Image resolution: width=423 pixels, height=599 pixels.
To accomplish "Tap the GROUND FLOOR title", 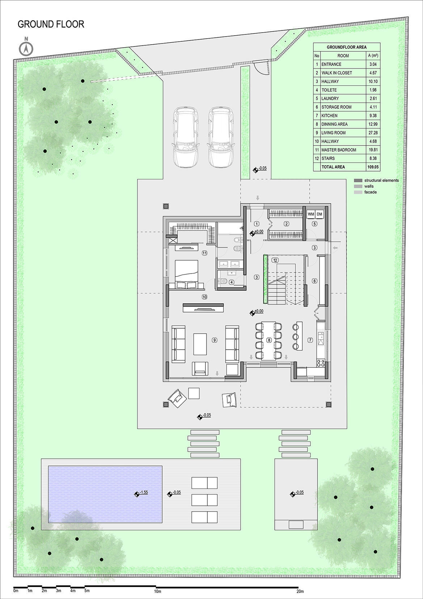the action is (x=51, y=24).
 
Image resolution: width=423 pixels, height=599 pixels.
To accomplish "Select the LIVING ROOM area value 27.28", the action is (x=373, y=133).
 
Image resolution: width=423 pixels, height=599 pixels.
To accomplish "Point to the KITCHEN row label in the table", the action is (x=329, y=116).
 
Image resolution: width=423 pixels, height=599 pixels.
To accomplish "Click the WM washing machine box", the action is (x=311, y=214).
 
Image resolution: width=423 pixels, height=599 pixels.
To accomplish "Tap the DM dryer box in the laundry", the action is (x=320, y=214).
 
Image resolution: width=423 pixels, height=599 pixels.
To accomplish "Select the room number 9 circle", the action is (x=214, y=340).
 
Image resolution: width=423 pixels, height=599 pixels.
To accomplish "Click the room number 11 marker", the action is (x=204, y=253).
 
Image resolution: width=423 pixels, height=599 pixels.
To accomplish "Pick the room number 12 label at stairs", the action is (x=275, y=260).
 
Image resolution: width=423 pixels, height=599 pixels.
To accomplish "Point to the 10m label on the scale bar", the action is (x=157, y=591).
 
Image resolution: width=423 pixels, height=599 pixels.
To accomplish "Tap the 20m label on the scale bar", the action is (x=300, y=591).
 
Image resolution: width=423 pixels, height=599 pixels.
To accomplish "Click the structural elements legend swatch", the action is (x=358, y=180).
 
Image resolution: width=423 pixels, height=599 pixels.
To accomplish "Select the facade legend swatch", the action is (x=358, y=192).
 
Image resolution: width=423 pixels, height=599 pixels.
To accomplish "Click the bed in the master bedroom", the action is (x=187, y=274).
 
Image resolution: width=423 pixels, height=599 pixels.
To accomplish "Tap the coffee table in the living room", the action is (x=200, y=344).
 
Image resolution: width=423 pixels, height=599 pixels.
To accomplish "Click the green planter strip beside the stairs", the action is (x=266, y=279).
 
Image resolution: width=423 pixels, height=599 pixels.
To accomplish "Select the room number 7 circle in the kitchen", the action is (x=310, y=340).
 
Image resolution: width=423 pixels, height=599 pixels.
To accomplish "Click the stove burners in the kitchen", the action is (x=321, y=363).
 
